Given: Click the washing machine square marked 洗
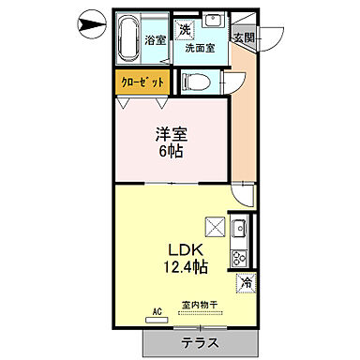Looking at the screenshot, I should click(x=187, y=28).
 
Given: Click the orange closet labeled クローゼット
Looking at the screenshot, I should click(x=143, y=82).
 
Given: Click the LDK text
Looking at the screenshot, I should click(x=186, y=250).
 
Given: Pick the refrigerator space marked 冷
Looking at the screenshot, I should click(x=247, y=281).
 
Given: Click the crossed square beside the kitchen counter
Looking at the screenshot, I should click(x=214, y=227).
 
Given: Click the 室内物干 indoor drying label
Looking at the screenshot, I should click(x=200, y=305).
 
